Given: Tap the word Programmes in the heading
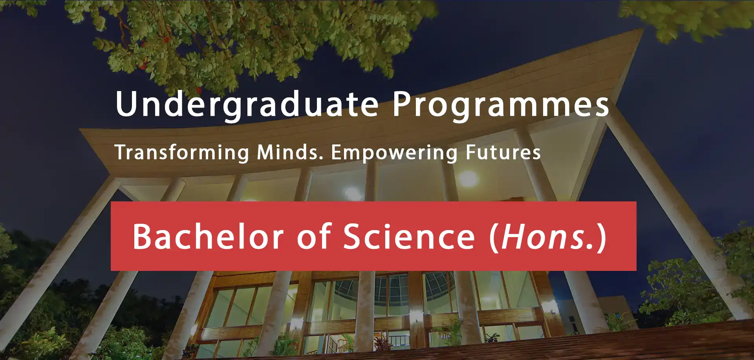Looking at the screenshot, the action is click(501, 104).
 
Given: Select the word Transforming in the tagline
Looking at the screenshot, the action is click(182, 153).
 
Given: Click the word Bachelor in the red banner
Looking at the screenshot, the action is click(208, 236).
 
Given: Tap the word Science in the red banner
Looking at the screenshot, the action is click(409, 236).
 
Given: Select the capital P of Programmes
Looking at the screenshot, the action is click(402, 104).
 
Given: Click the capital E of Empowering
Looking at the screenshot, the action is click(337, 152).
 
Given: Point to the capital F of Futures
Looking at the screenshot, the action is click(471, 152).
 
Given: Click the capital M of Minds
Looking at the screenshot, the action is click(266, 152).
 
